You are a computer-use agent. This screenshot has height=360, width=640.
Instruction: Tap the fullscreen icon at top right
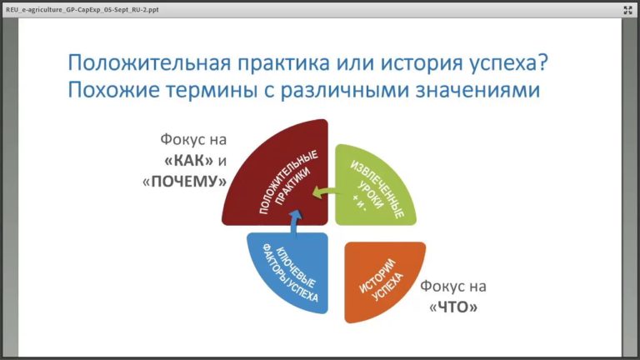(627, 9)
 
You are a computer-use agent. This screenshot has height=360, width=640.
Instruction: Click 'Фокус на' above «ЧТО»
(453, 287)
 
